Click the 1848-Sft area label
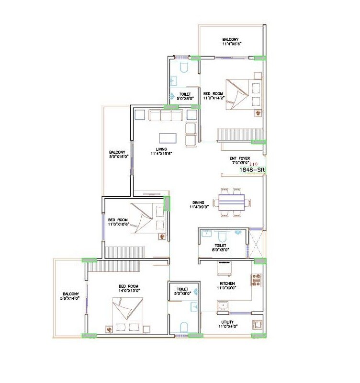coord(252,169)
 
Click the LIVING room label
coord(161,151)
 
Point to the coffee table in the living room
coord(168,137)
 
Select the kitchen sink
coord(224,305)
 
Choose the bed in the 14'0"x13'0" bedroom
coord(128,314)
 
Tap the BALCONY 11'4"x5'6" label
coord(232,42)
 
